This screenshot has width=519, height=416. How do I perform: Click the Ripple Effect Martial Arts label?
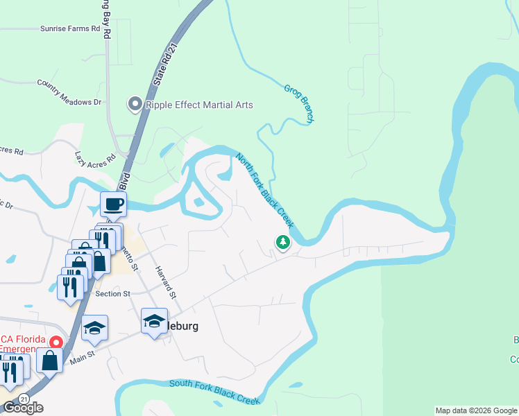(x=199, y=105)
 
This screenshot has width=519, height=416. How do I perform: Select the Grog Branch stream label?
(x=299, y=104)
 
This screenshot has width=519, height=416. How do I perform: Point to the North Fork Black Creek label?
(x=264, y=191)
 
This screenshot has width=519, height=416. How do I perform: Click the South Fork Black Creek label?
(x=214, y=392)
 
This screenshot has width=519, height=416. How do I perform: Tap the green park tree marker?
(x=282, y=243)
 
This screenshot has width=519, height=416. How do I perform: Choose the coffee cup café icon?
(x=113, y=204)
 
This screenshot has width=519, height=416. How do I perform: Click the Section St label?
(x=113, y=294)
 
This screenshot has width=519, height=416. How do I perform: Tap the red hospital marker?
(x=58, y=342)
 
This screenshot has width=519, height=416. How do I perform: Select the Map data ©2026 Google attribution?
(x=476, y=410)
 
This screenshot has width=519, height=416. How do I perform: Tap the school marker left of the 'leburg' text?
(x=154, y=322)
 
